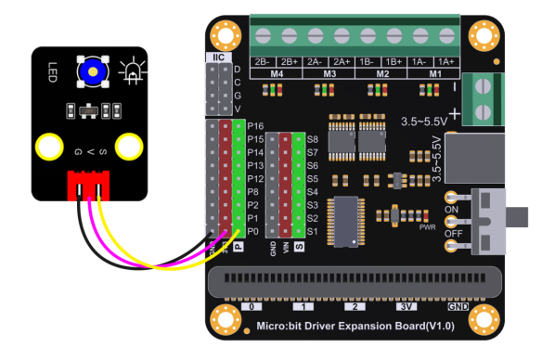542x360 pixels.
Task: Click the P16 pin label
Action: (x=257, y=124)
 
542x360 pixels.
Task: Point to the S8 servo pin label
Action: (x=313, y=138)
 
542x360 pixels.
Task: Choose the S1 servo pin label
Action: (x=313, y=230)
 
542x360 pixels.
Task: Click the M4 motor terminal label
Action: (x=277, y=72)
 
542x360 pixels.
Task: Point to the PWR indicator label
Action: (x=428, y=225)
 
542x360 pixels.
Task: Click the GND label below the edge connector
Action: (x=458, y=305)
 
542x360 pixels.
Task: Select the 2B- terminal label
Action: (x=262, y=60)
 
